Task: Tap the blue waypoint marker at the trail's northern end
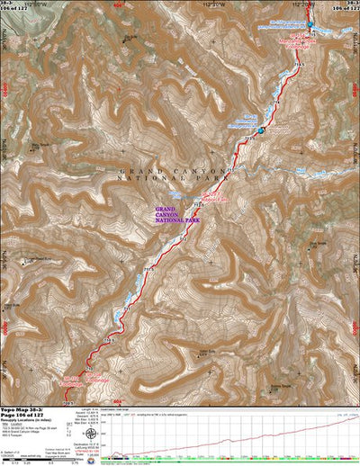(310, 24)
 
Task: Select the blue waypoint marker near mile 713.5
(262, 131)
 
